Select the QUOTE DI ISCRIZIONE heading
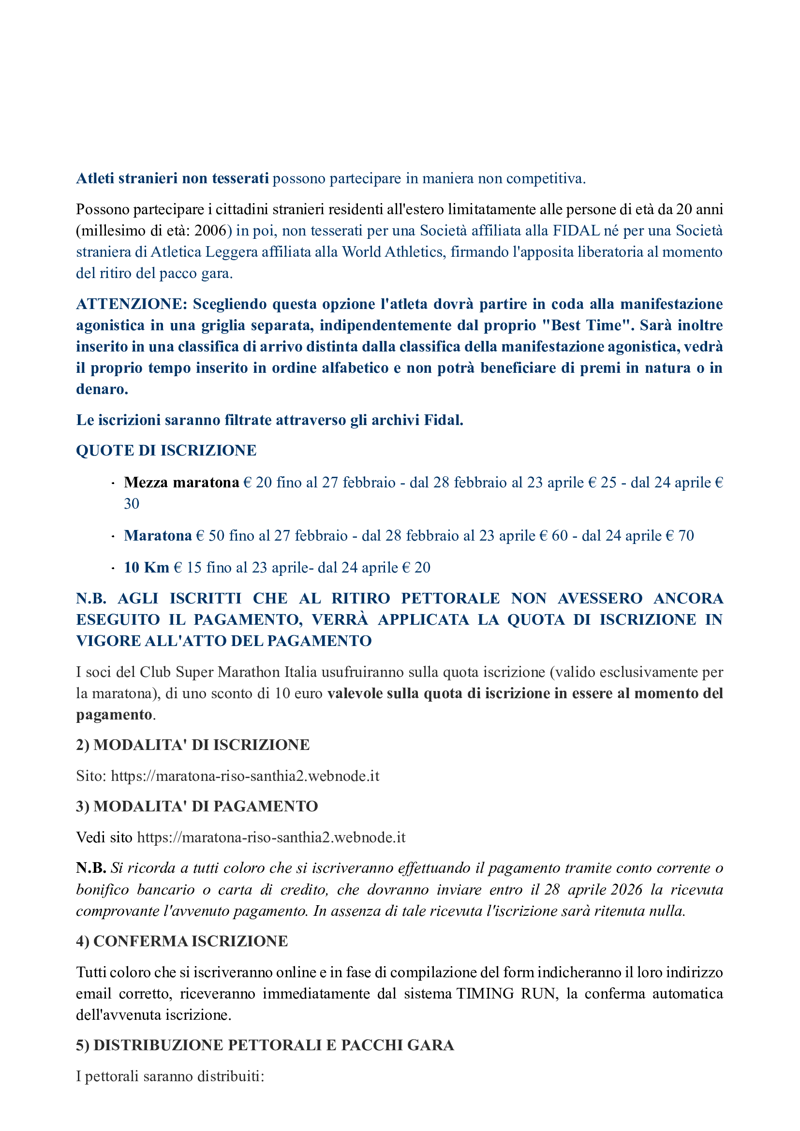click(166, 450)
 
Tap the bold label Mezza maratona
click(181, 482)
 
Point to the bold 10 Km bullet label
click(146, 568)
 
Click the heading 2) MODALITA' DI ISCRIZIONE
click(193, 745)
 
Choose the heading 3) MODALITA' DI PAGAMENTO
click(196, 806)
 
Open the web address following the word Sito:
click(245, 776)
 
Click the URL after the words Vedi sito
click(271, 837)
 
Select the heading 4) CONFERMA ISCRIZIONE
click(182, 941)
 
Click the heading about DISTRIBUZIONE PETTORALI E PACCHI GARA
click(265, 1045)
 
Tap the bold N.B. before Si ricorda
click(91, 868)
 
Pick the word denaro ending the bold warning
click(102, 389)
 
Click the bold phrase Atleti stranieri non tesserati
click(172, 178)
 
